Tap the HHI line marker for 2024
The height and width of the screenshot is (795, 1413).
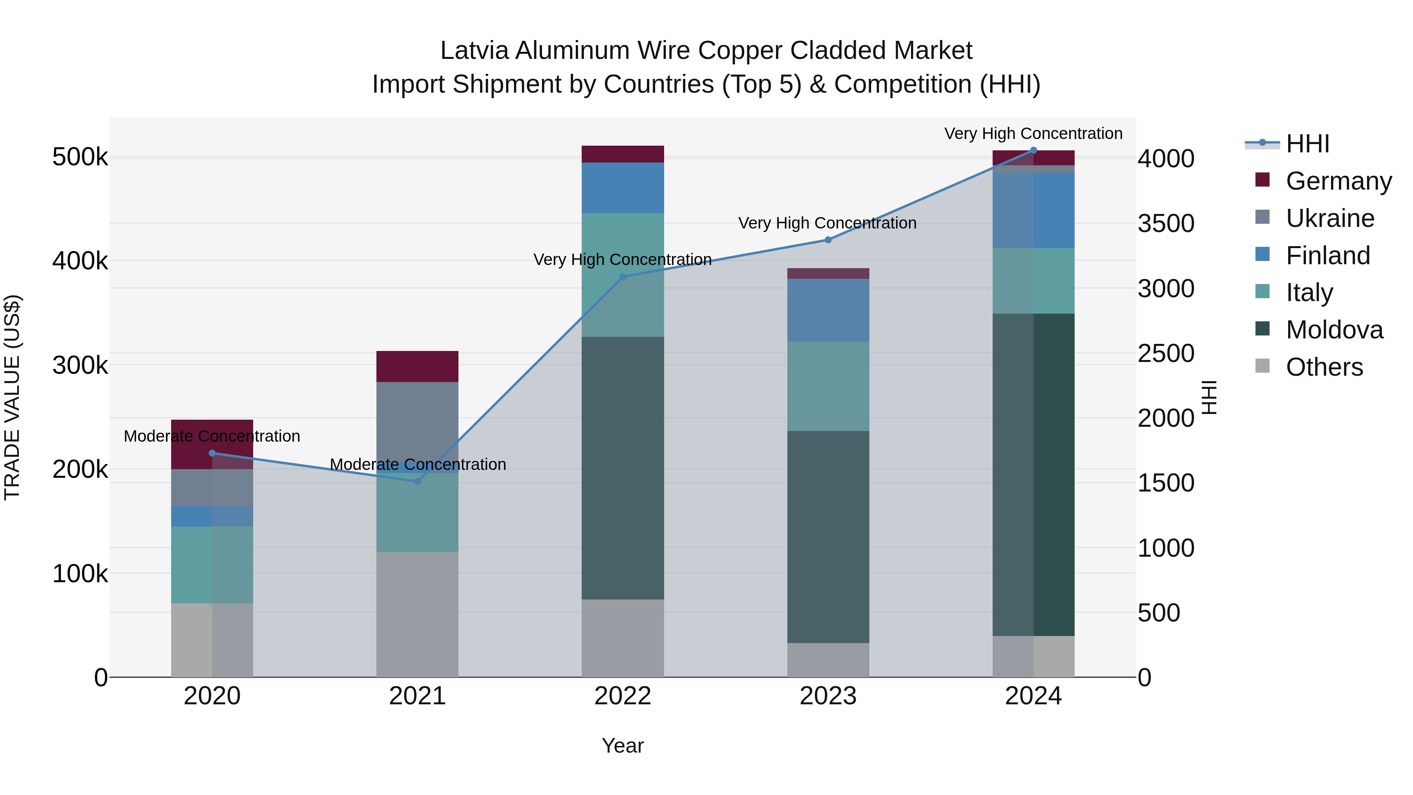click(1033, 150)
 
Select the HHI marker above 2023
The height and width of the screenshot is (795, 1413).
click(828, 240)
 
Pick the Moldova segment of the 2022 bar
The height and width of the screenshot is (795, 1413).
click(623, 468)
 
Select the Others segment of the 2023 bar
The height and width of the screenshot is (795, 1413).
click(828, 660)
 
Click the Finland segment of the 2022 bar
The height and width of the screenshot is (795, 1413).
click(623, 188)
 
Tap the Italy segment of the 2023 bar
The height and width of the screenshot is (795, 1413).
click(828, 386)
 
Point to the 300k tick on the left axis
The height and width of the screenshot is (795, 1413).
click(80, 365)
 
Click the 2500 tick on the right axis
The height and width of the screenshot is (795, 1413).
click(1166, 353)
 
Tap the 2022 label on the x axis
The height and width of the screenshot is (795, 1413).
click(623, 696)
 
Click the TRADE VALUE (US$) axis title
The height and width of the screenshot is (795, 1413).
click(12, 397)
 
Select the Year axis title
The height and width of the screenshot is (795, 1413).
click(623, 746)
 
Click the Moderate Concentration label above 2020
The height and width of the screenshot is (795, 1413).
click(212, 436)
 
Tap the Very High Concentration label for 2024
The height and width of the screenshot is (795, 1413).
click(1033, 133)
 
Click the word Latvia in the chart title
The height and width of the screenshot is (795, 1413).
click(475, 51)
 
